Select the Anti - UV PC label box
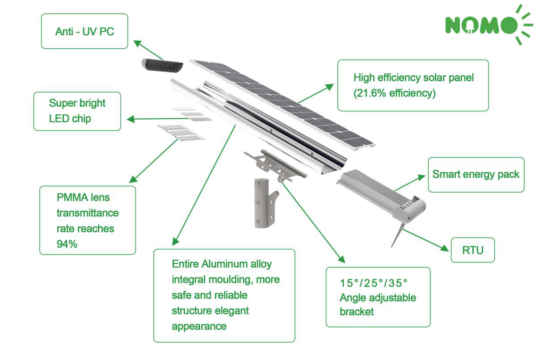coord(84,31)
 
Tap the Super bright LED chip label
coord(77,111)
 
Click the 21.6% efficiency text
coord(394,93)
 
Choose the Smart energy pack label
coord(476,174)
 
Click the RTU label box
coord(472,250)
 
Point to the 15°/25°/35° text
coord(374,283)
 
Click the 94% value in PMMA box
coord(67,244)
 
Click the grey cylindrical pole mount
coord(261,203)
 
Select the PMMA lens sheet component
coord(181,132)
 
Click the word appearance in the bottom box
coord(199,326)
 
